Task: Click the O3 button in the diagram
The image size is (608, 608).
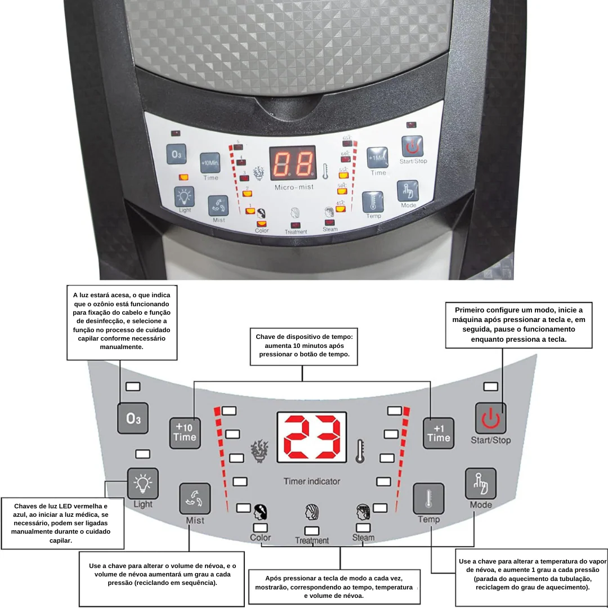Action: point(133,418)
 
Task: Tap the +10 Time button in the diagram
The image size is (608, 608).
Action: point(185,432)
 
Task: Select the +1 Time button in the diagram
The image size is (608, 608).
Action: point(438,432)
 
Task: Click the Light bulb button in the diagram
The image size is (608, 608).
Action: point(142,483)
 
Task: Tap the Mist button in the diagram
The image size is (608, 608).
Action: point(195,498)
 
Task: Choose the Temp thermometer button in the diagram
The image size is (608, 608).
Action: point(428,498)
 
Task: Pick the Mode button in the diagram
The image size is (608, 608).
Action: point(480,483)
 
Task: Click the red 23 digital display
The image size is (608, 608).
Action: point(311,437)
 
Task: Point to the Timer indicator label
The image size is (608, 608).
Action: point(311,481)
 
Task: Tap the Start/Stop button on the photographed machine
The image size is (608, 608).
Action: point(412,147)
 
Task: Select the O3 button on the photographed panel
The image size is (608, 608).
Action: point(177,154)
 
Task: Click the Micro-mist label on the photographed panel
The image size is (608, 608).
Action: point(294,187)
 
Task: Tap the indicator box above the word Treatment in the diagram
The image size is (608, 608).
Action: point(311,530)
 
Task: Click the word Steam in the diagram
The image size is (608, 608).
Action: point(363,538)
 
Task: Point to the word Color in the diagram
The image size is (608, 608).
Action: point(260,538)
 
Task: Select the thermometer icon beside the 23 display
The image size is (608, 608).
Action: point(360,451)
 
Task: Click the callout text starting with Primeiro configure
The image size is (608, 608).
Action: point(518,325)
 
